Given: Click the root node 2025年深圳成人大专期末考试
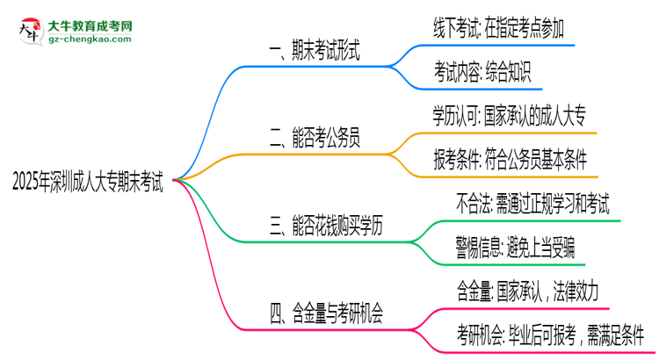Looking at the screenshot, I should (88, 181).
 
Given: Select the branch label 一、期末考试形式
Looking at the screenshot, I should (315, 52).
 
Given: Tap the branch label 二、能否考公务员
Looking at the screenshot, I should (315, 138).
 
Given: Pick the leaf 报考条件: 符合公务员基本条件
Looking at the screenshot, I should (509, 158).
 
